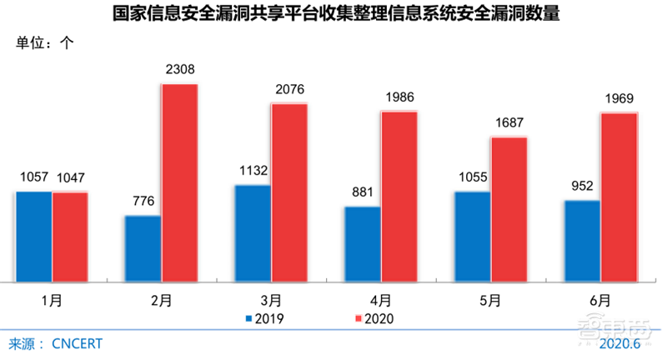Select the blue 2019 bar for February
(x=143, y=249)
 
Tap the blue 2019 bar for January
(x=33, y=237)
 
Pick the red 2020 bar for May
(x=508, y=209)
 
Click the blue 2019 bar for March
(x=253, y=233)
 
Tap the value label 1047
(x=70, y=178)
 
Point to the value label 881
(x=362, y=193)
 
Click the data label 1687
(x=508, y=123)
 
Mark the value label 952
(x=581, y=187)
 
